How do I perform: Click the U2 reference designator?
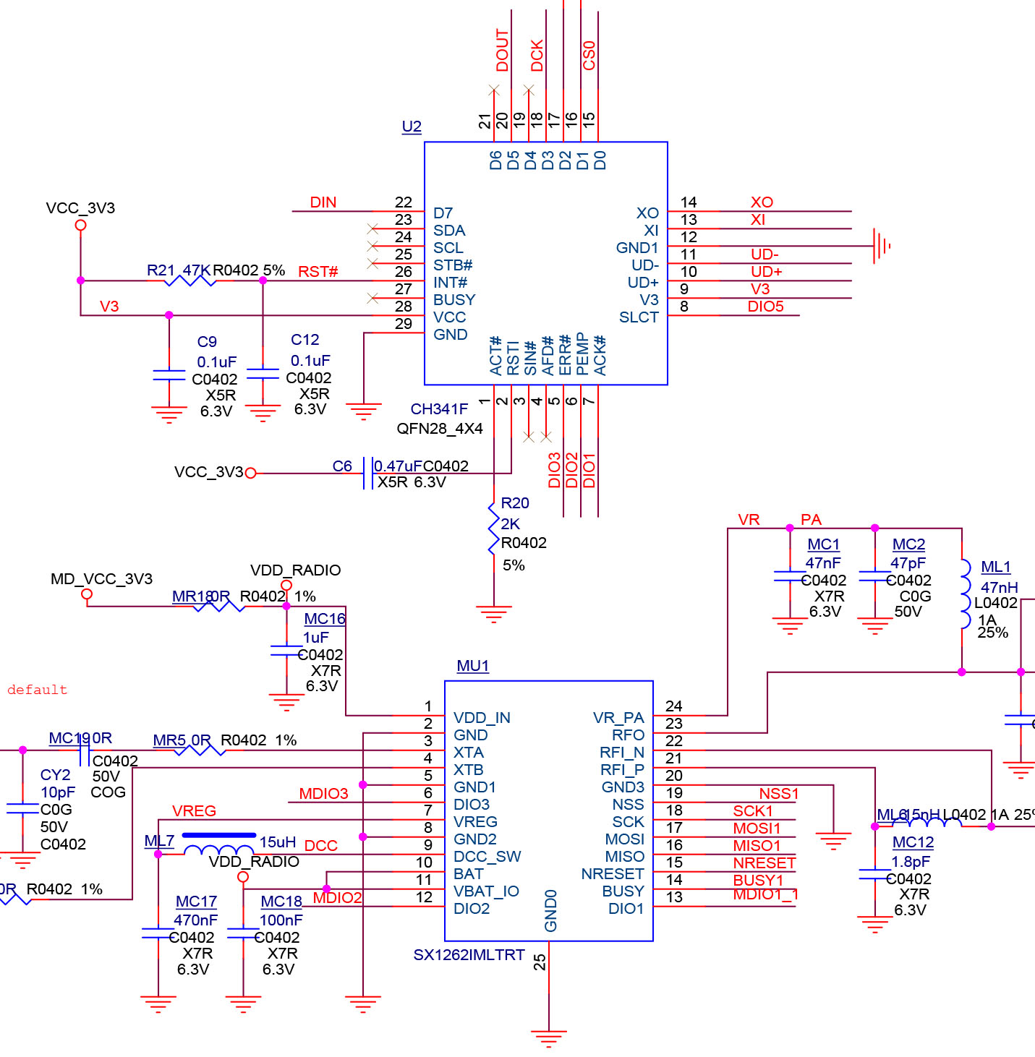[412, 127]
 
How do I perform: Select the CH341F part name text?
[439, 409]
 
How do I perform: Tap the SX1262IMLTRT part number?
[469, 955]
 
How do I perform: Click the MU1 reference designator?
[473, 666]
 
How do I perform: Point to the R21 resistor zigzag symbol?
[190, 281]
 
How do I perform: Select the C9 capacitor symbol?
[169, 375]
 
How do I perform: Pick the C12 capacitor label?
[304, 340]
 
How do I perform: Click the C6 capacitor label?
[342, 466]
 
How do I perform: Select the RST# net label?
[318, 272]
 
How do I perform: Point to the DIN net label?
[323, 202]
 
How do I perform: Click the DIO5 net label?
[765, 307]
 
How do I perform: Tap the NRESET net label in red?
[764, 863]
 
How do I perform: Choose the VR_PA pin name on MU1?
[618, 718]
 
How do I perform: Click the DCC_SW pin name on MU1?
[487, 857]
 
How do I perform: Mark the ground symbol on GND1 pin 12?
[881, 246]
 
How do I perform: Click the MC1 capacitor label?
[823, 544]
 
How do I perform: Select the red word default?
[37, 690]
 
